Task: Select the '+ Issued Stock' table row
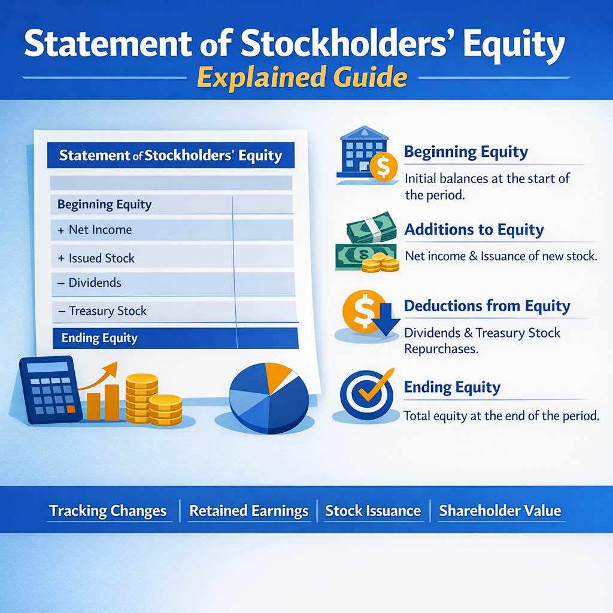(x=101, y=259)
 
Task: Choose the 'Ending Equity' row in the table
(x=99, y=338)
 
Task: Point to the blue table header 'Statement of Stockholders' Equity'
(x=171, y=156)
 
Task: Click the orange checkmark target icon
(x=366, y=393)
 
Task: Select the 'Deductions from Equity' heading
(x=487, y=306)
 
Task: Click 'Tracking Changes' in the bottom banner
(x=108, y=511)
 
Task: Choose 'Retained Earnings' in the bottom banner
(x=248, y=511)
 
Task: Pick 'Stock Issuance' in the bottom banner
(x=373, y=511)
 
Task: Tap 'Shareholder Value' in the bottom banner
(x=500, y=511)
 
